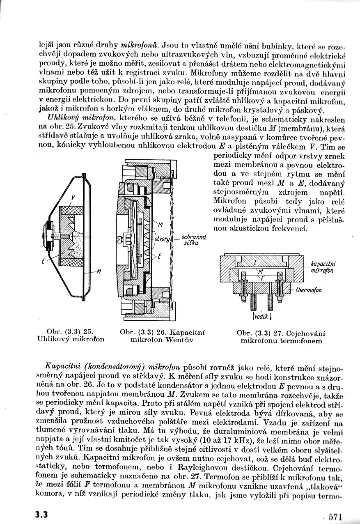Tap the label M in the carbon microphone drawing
99,271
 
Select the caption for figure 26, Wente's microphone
162,336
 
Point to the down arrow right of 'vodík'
271,317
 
